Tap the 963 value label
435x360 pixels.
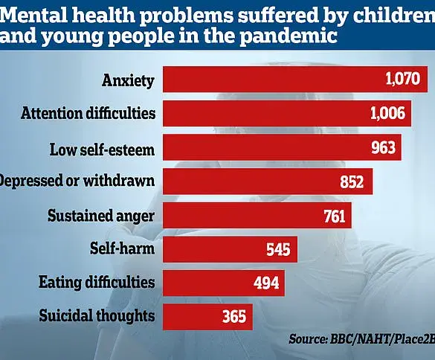(x=382, y=147)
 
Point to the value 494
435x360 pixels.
(x=265, y=283)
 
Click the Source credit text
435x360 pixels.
(x=361, y=338)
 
